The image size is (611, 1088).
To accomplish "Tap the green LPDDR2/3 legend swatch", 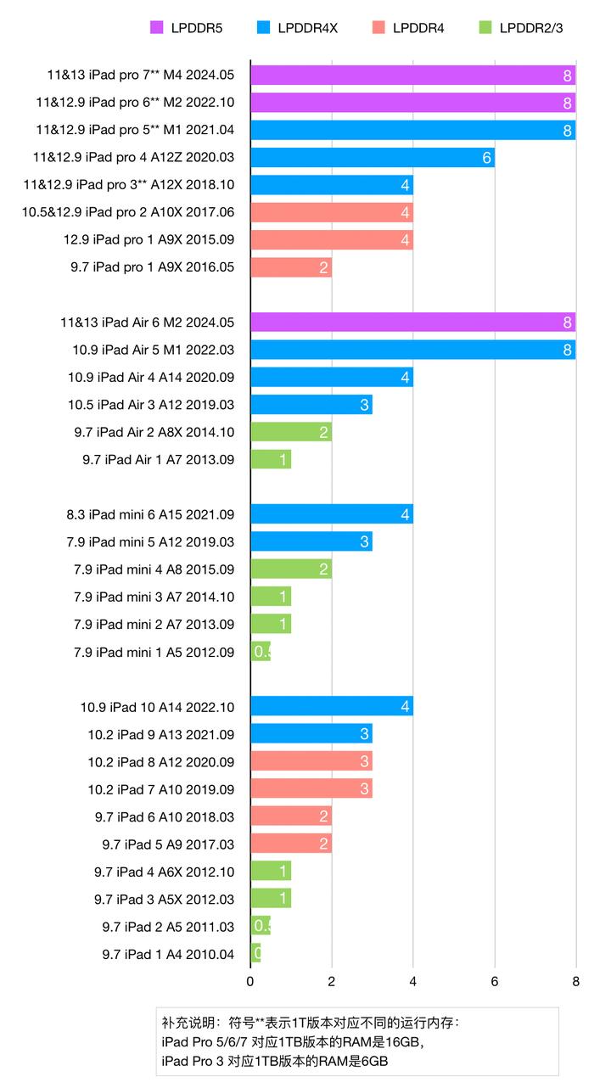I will click(482, 28).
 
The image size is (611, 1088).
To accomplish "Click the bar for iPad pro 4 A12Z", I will click(373, 158).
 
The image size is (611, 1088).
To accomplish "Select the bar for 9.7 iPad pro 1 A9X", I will click(291, 268).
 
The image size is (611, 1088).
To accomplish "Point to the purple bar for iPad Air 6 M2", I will click(413, 322).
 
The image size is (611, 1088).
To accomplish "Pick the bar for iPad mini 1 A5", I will click(261, 652).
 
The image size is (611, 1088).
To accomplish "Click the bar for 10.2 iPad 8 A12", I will click(311, 761).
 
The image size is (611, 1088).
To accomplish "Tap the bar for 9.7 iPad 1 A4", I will click(255, 954).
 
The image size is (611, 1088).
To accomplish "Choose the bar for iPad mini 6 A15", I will click(332, 514).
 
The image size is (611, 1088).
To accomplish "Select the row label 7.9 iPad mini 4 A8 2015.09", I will click(150, 569).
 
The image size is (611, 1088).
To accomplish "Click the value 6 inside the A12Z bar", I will click(486, 158).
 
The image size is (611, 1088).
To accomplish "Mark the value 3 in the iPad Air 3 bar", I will click(364, 405).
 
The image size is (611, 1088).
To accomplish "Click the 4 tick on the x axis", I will click(413, 982).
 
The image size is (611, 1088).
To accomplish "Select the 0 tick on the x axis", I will click(250, 982).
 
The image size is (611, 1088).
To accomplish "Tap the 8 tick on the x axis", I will click(576, 982).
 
